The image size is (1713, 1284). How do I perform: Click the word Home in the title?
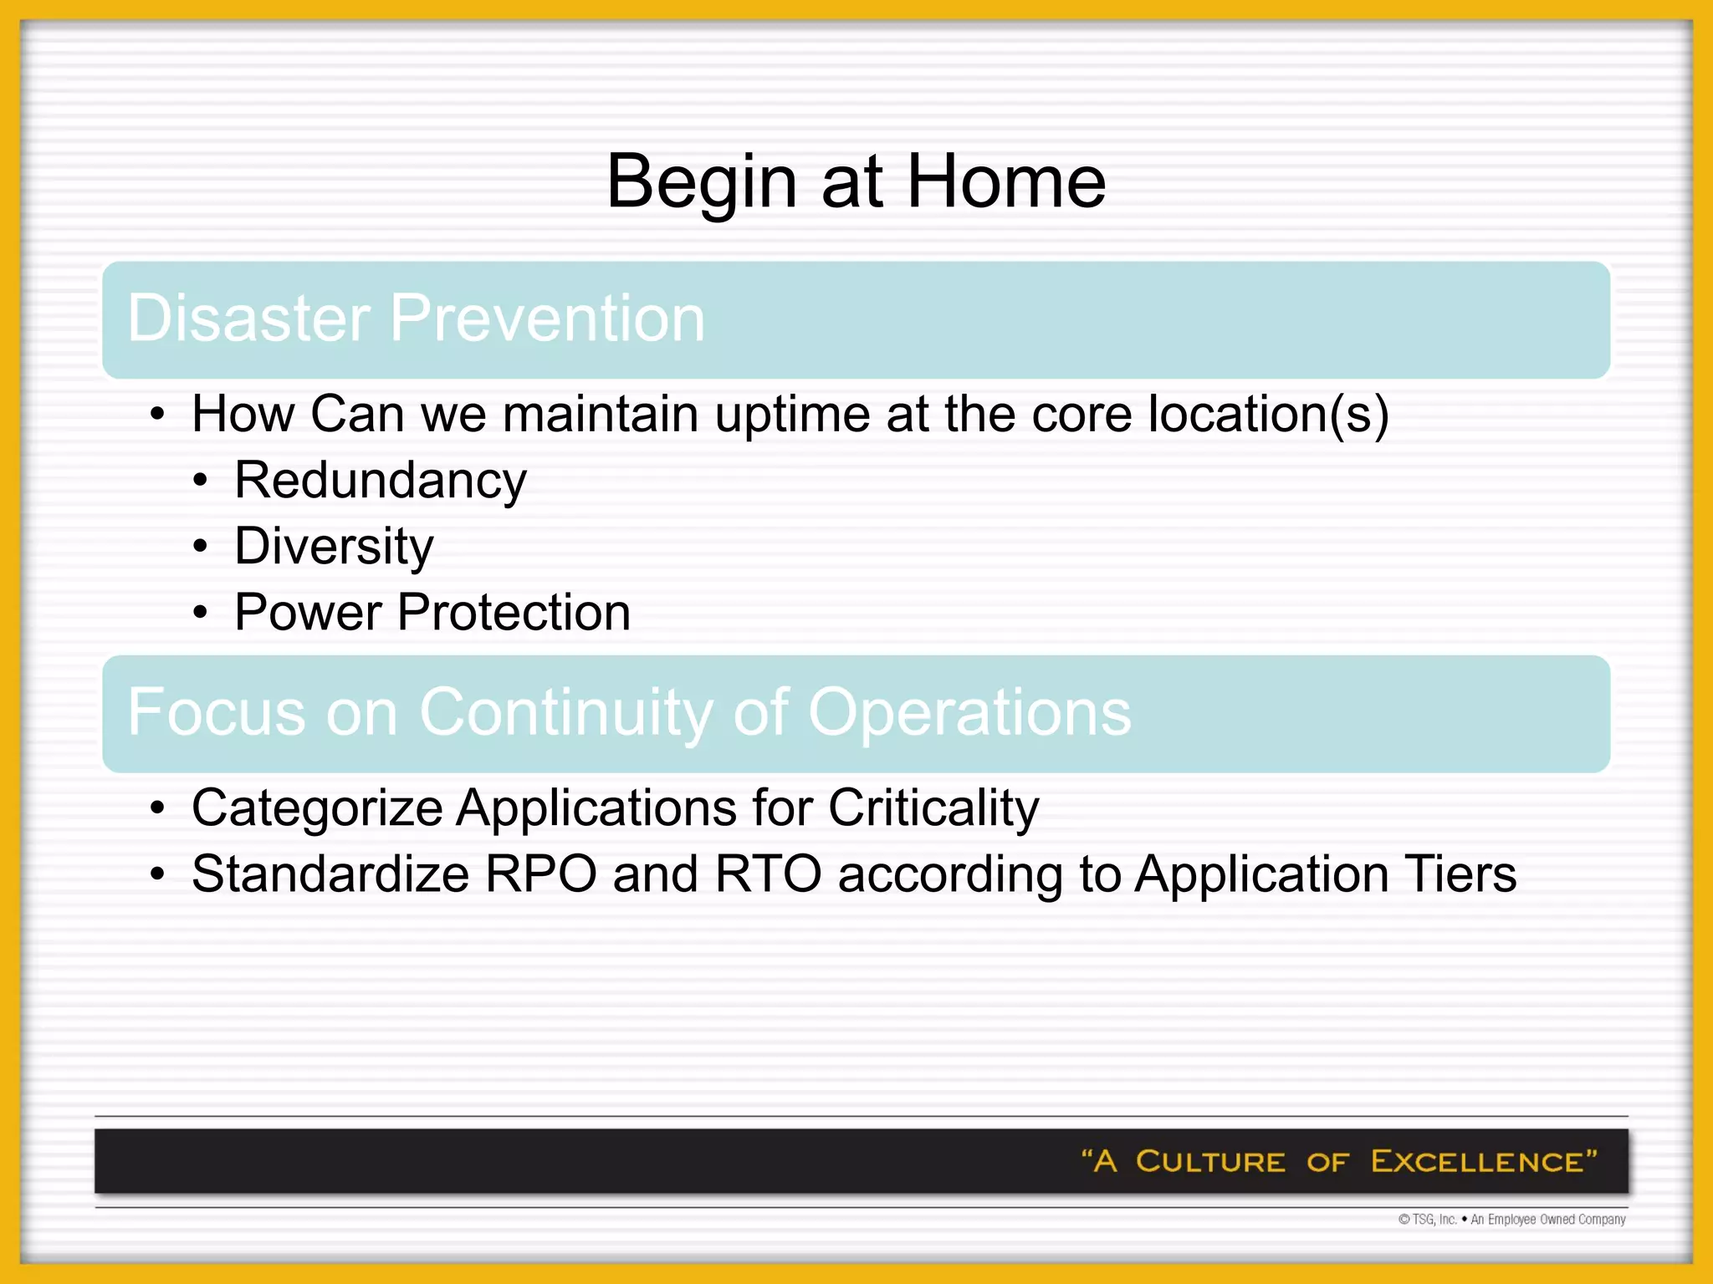tap(1006, 181)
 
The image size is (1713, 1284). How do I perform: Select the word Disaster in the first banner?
tap(248, 318)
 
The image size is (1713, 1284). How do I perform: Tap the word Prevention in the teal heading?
tap(548, 318)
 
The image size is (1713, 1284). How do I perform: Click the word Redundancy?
tap(381, 481)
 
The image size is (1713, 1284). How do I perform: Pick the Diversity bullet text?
tap(334, 548)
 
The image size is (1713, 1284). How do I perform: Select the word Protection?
tap(514, 613)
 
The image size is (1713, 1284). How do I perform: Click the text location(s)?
tap(1268, 415)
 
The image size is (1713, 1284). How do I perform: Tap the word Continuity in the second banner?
tap(566, 712)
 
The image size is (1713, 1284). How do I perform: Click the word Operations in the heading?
tap(969, 712)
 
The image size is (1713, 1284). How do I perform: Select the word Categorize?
tap(317, 809)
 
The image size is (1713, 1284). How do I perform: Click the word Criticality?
tap(933, 809)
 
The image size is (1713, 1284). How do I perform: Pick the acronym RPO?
tap(541, 874)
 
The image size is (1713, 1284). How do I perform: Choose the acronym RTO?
tap(768, 874)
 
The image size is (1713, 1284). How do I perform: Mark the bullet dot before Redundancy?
tap(200, 482)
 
